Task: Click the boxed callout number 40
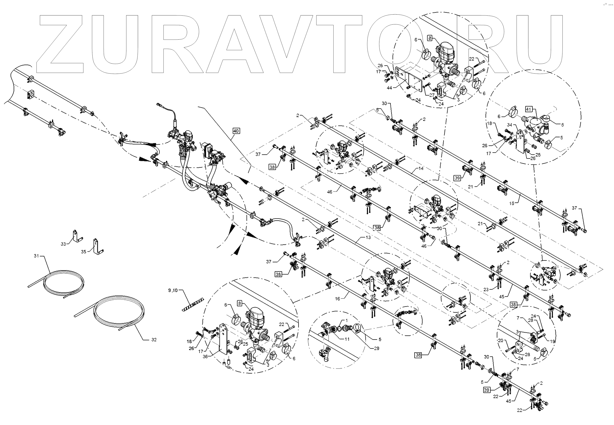tap(236, 131)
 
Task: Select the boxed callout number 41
tap(529, 109)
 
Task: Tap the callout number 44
tap(389, 88)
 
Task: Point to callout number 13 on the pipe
tap(368, 237)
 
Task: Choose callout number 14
tap(421, 168)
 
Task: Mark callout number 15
tap(512, 203)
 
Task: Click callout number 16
tap(337, 299)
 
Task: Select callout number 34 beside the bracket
tap(510, 125)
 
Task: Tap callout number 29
tap(376, 348)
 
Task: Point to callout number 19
tap(552, 342)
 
